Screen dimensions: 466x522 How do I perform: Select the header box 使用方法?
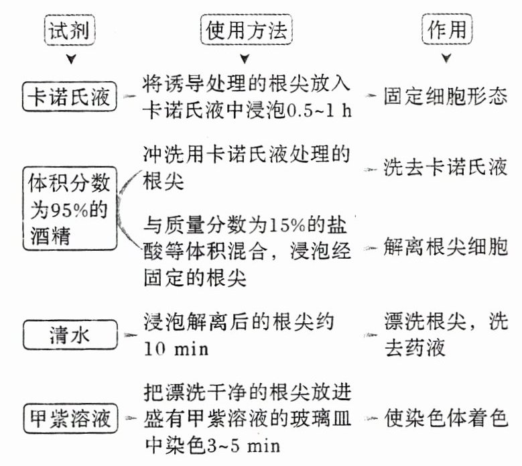[247, 30]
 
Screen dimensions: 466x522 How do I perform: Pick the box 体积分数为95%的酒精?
[70, 209]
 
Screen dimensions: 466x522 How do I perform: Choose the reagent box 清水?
[70, 334]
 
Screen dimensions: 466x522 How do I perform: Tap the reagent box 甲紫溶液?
[70, 419]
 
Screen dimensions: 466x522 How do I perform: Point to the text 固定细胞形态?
[445, 98]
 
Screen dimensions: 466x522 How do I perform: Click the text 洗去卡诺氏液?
[445, 167]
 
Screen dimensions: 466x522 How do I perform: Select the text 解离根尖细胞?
[445, 248]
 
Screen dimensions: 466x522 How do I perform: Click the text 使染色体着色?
[445, 418]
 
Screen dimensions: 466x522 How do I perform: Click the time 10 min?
[176, 350]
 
